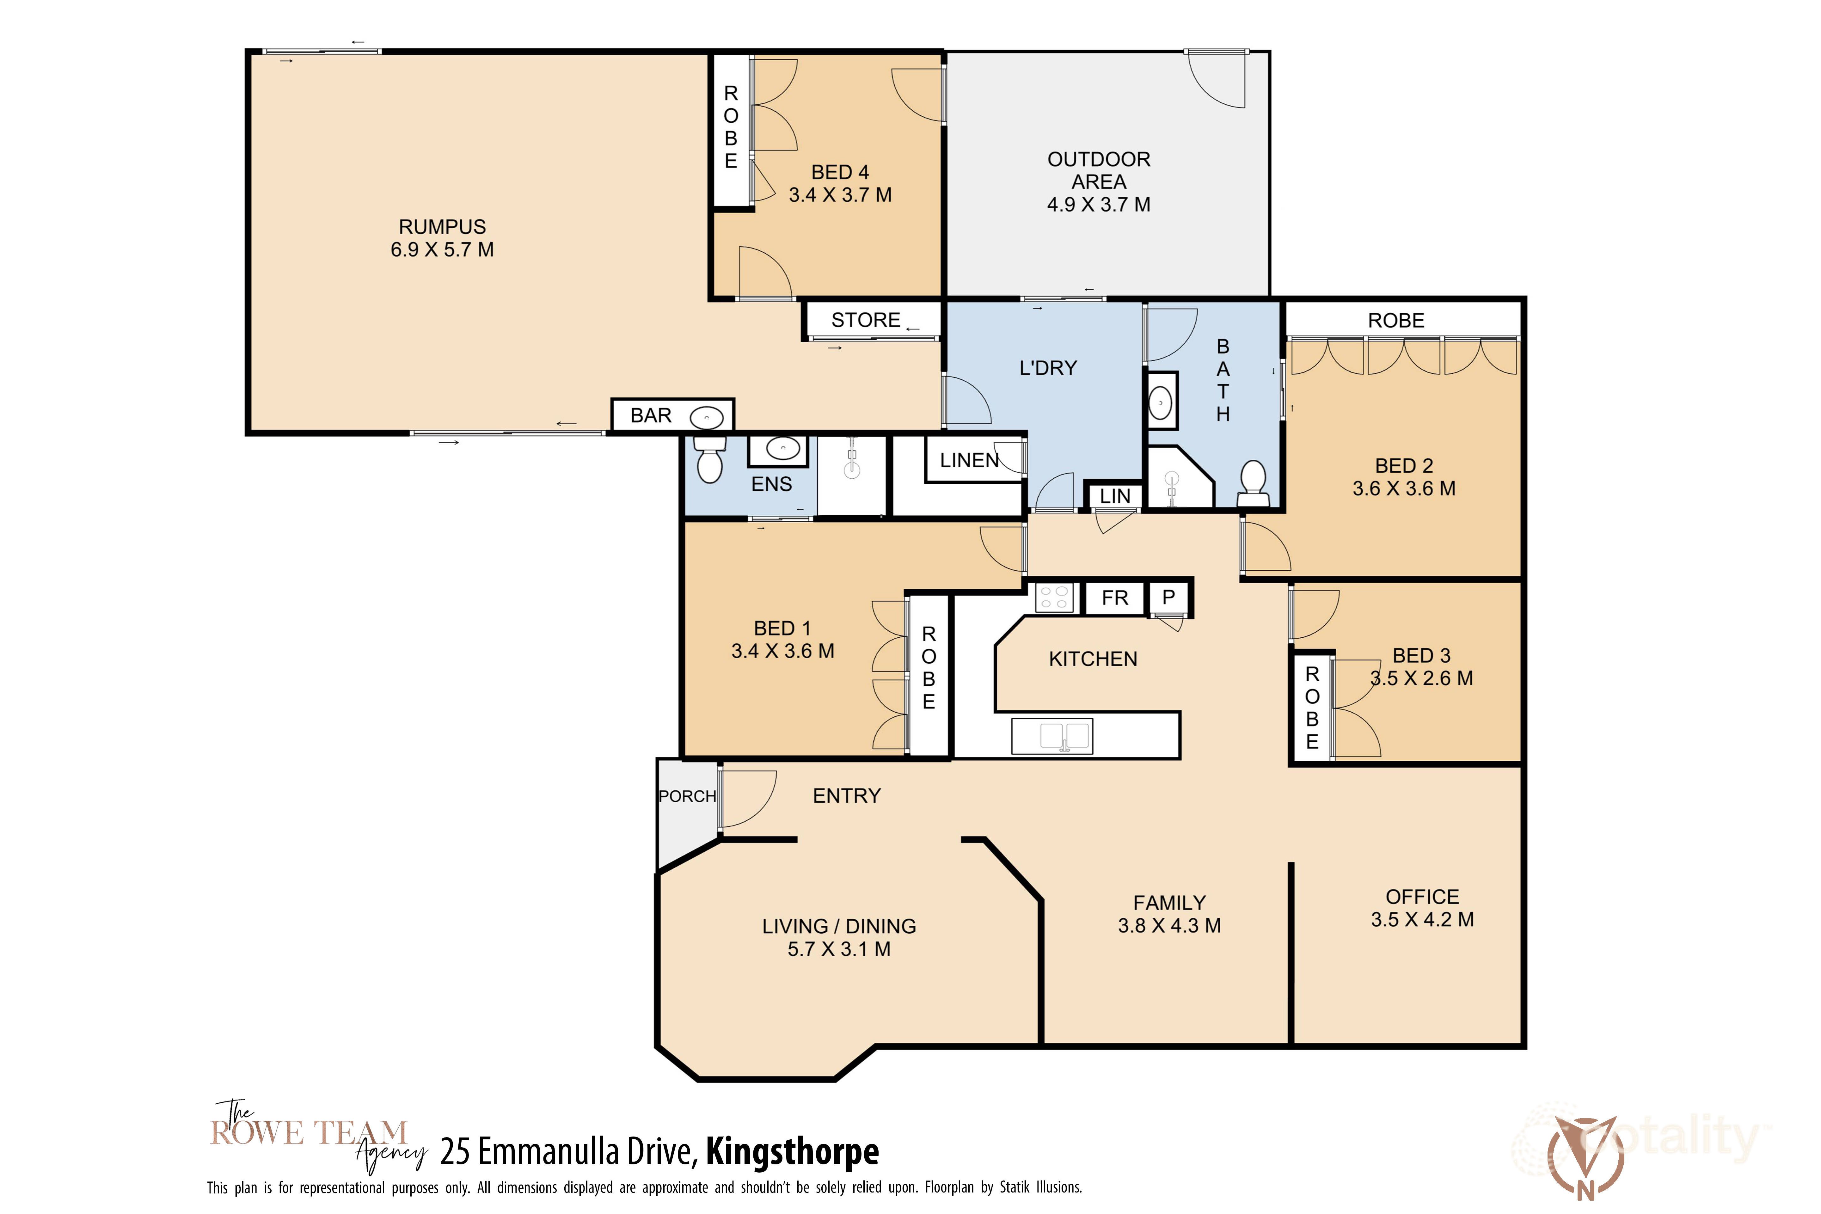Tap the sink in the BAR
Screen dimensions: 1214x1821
click(x=706, y=418)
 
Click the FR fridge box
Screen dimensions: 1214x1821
click(x=1115, y=598)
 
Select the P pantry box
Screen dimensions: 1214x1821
click(x=1168, y=598)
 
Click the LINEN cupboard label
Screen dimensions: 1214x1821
click(x=969, y=461)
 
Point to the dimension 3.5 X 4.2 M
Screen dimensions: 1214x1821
click(x=1422, y=920)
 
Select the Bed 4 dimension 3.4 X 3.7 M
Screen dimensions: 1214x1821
click(x=840, y=195)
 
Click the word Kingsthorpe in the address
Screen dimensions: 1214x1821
click(x=792, y=1152)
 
